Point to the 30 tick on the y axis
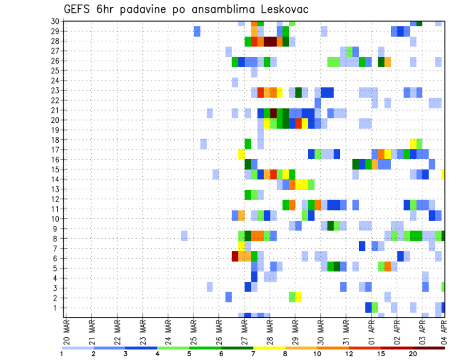tap(56, 21)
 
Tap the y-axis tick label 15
tap(56, 169)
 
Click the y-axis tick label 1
tap(58, 308)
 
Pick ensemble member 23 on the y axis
tap(56, 90)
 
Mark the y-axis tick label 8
tap(58, 238)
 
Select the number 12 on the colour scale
tap(349, 354)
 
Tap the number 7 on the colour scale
tap(253, 354)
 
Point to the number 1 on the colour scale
tap(62, 354)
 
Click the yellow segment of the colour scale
tap(269, 348)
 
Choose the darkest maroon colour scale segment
tap(429, 348)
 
